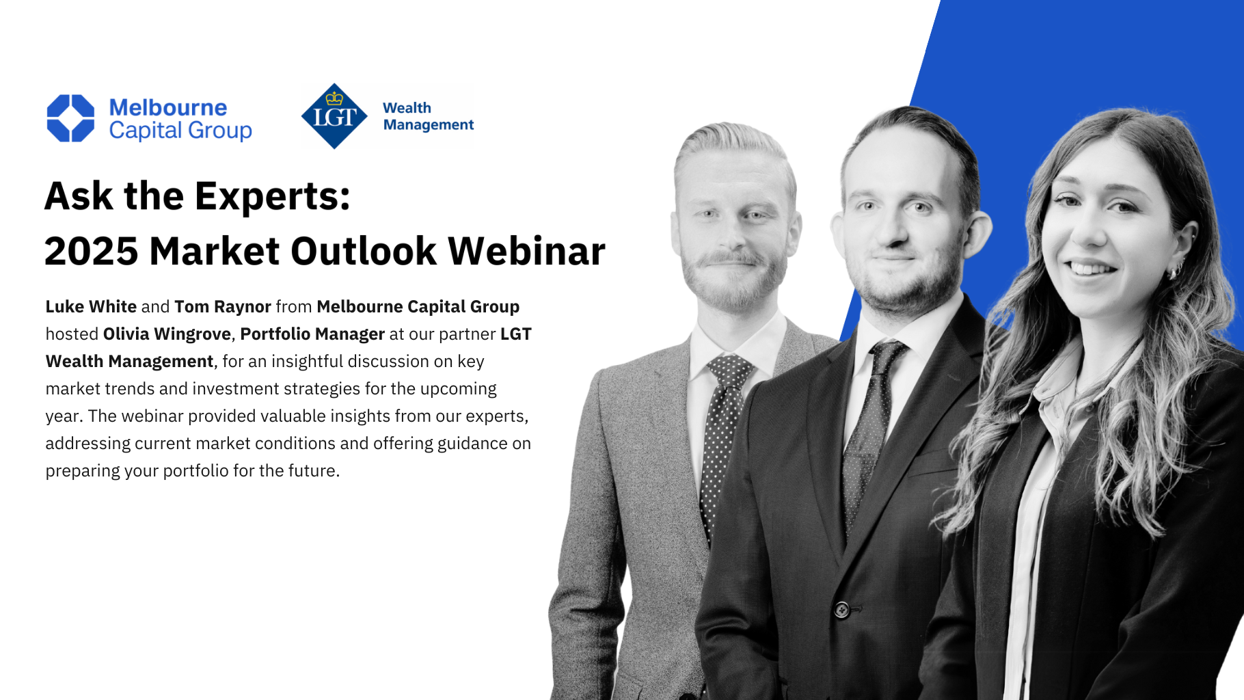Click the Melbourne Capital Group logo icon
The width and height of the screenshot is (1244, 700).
pyautogui.click(x=70, y=118)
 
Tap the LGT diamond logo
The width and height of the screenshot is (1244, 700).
pyautogui.click(x=334, y=116)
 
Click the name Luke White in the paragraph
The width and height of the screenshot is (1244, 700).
pyautogui.click(x=91, y=306)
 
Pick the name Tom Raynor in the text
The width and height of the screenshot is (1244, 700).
pyautogui.click(x=223, y=306)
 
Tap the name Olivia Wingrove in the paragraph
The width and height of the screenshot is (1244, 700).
pyautogui.click(x=167, y=334)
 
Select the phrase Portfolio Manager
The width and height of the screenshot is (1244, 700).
pyautogui.click(x=312, y=334)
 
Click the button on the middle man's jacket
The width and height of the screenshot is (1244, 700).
pyautogui.click(x=842, y=609)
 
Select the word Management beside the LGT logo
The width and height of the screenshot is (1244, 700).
pyautogui.click(x=428, y=125)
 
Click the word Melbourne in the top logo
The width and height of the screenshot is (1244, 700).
pyautogui.click(x=168, y=107)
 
